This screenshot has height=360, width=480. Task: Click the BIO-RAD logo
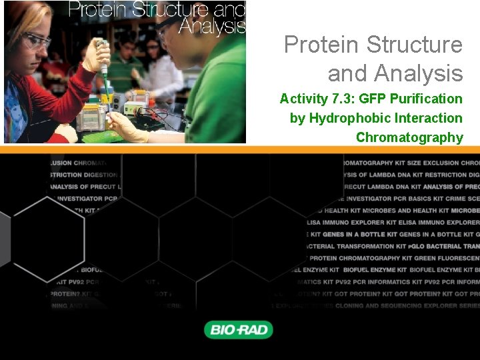coord(238,329)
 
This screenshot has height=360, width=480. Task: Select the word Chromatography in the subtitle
coord(409,137)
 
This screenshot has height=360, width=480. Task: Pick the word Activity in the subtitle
coord(303,99)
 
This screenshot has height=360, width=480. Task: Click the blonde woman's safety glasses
coord(37,41)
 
